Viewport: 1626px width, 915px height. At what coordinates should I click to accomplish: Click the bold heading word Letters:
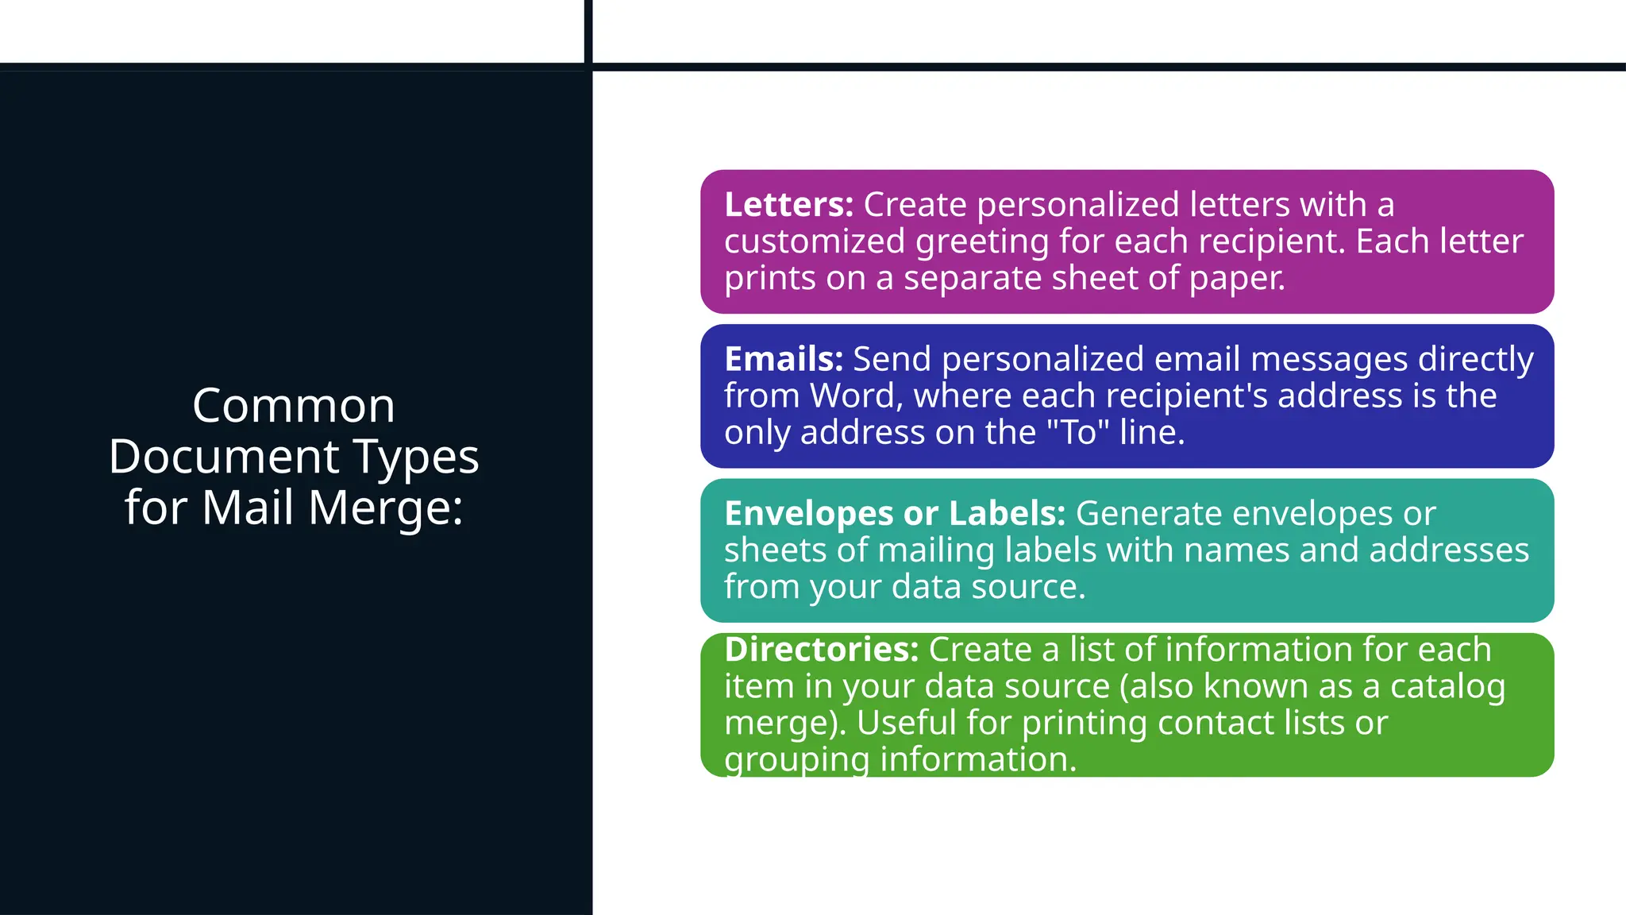(788, 205)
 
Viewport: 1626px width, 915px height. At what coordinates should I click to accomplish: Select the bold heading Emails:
(784, 360)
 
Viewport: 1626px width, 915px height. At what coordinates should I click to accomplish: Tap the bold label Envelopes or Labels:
(895, 514)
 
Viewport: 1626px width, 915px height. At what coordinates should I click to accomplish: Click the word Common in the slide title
(294, 406)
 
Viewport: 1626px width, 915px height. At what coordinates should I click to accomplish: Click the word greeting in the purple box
(982, 242)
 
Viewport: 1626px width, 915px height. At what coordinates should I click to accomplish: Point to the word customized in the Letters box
(814, 241)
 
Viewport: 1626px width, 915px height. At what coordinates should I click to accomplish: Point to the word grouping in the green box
(797, 760)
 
